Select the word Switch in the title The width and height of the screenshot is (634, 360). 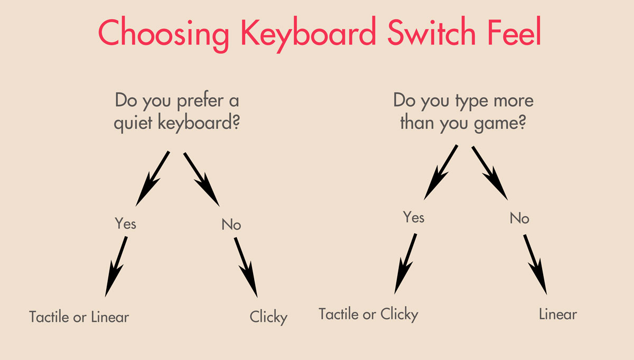click(x=432, y=31)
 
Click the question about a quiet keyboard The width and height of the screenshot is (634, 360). click(x=177, y=112)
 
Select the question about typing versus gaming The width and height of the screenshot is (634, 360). click(x=463, y=112)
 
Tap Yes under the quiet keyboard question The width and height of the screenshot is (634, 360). click(x=125, y=223)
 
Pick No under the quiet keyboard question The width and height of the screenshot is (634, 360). click(x=231, y=224)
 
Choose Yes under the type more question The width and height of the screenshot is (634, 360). click(x=414, y=217)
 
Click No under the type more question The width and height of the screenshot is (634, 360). click(x=519, y=218)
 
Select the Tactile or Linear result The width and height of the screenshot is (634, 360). click(x=79, y=317)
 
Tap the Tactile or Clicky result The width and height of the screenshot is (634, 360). click(x=368, y=315)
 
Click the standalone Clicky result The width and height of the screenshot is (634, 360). click(x=268, y=317)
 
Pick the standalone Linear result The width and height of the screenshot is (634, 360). click(x=558, y=315)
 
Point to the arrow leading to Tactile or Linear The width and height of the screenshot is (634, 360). click(x=116, y=266)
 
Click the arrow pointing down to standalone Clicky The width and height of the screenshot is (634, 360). click(x=246, y=267)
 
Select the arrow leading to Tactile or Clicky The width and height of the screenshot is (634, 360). click(x=405, y=264)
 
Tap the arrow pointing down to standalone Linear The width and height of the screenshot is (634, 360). click(x=535, y=264)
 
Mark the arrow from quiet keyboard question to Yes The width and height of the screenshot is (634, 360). click(x=153, y=179)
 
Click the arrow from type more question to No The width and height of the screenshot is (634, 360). click(x=490, y=173)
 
